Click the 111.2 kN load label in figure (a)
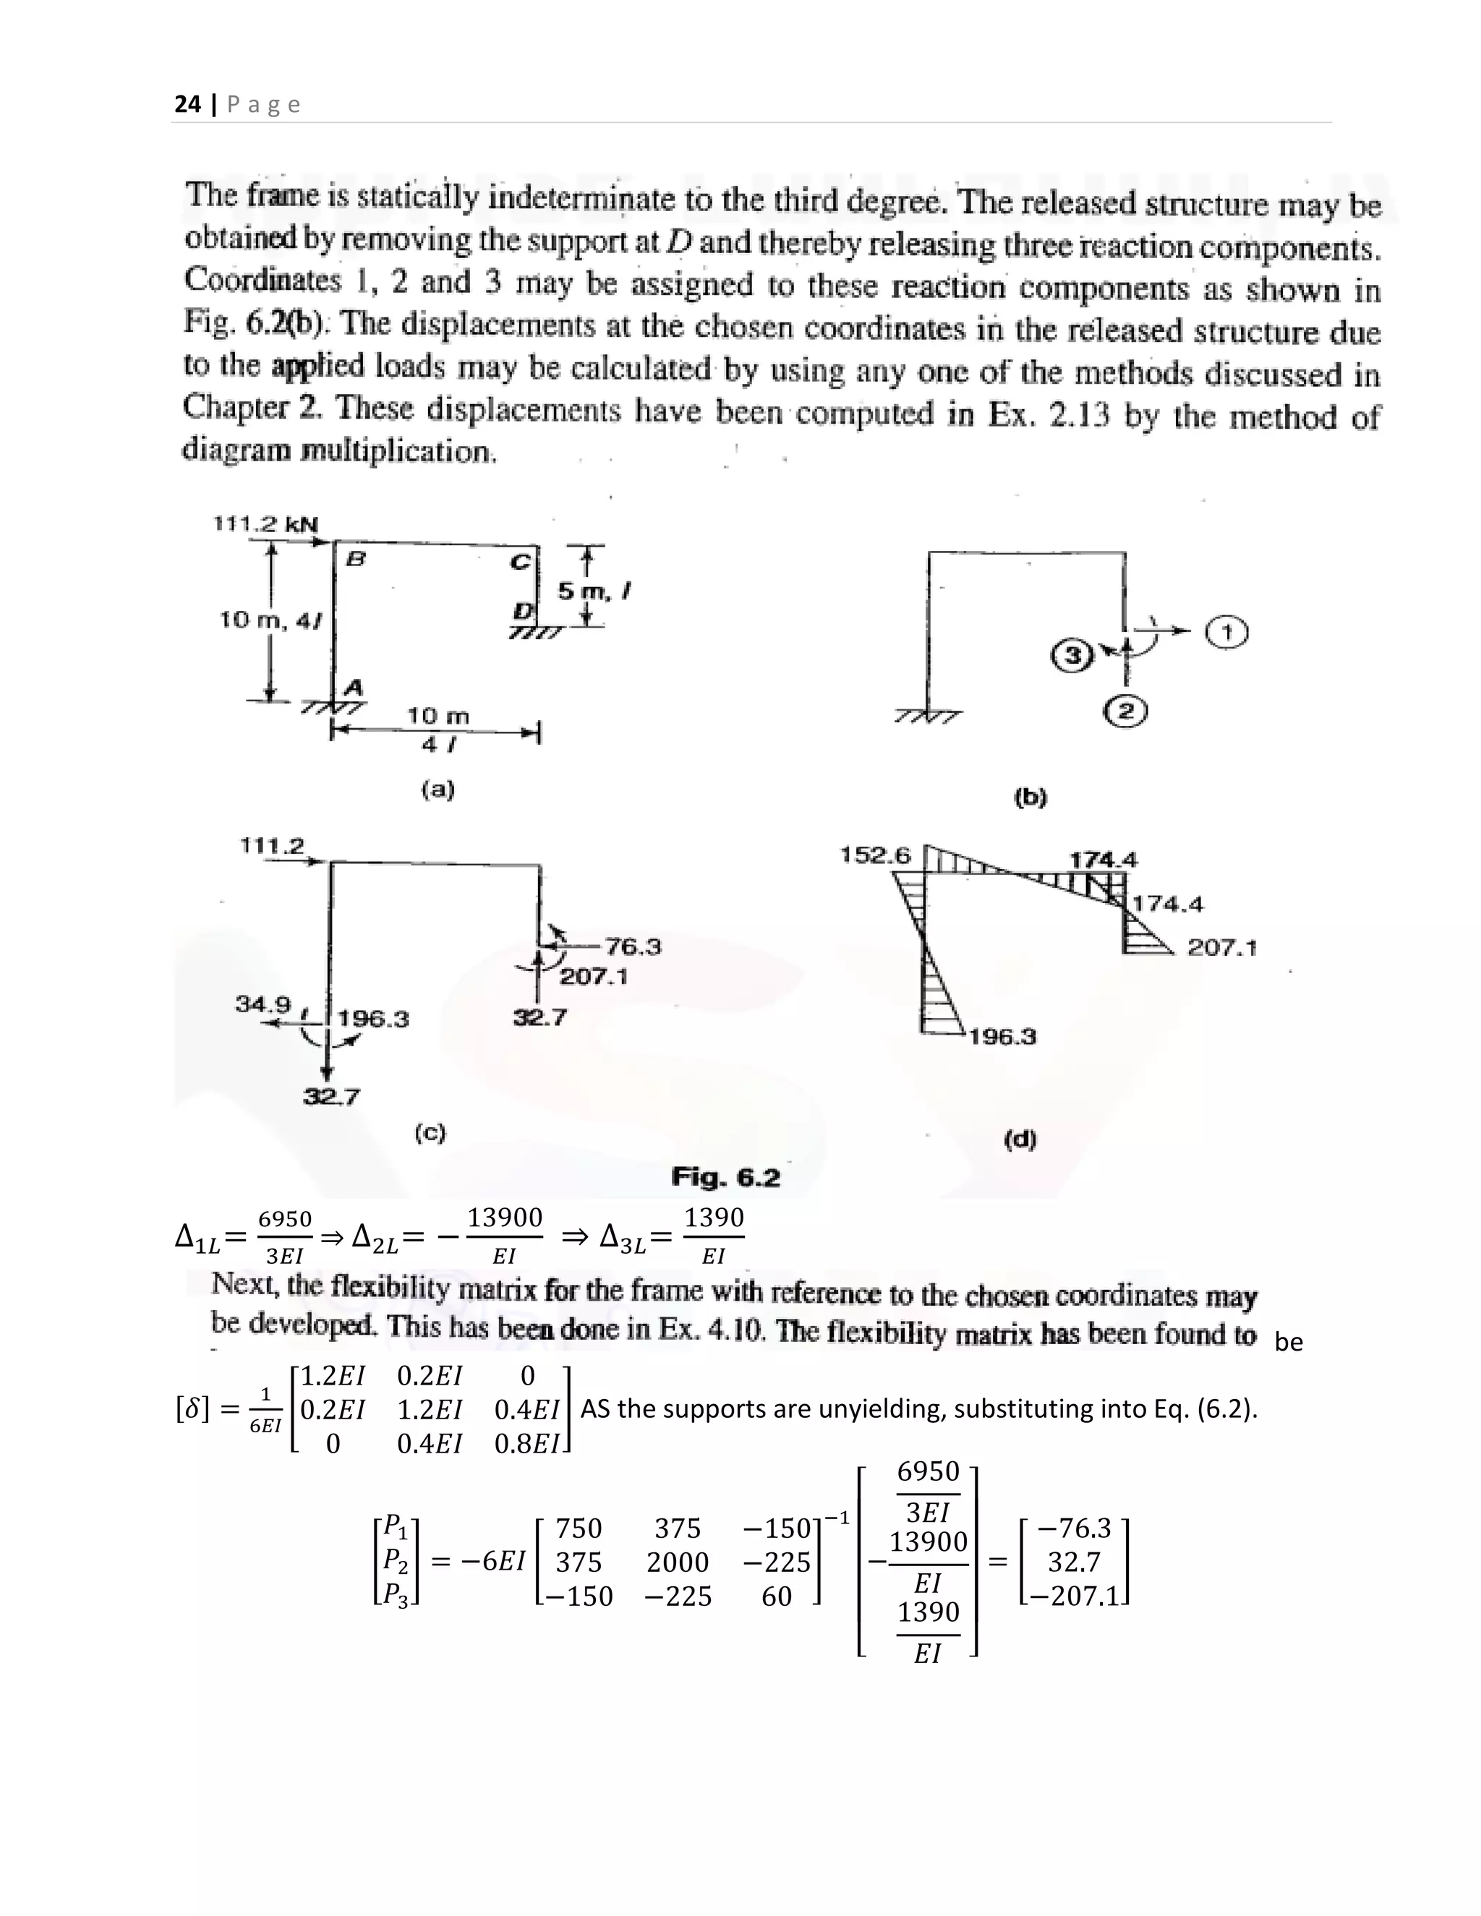[x=266, y=523]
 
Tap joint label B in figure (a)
[x=357, y=559]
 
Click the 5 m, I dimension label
[x=596, y=592]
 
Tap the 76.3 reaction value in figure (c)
[x=633, y=946]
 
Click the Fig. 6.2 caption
[x=725, y=1177]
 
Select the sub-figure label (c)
[x=430, y=1132]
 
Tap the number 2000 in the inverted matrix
[x=678, y=1562]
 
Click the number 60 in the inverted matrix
[x=777, y=1596]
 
